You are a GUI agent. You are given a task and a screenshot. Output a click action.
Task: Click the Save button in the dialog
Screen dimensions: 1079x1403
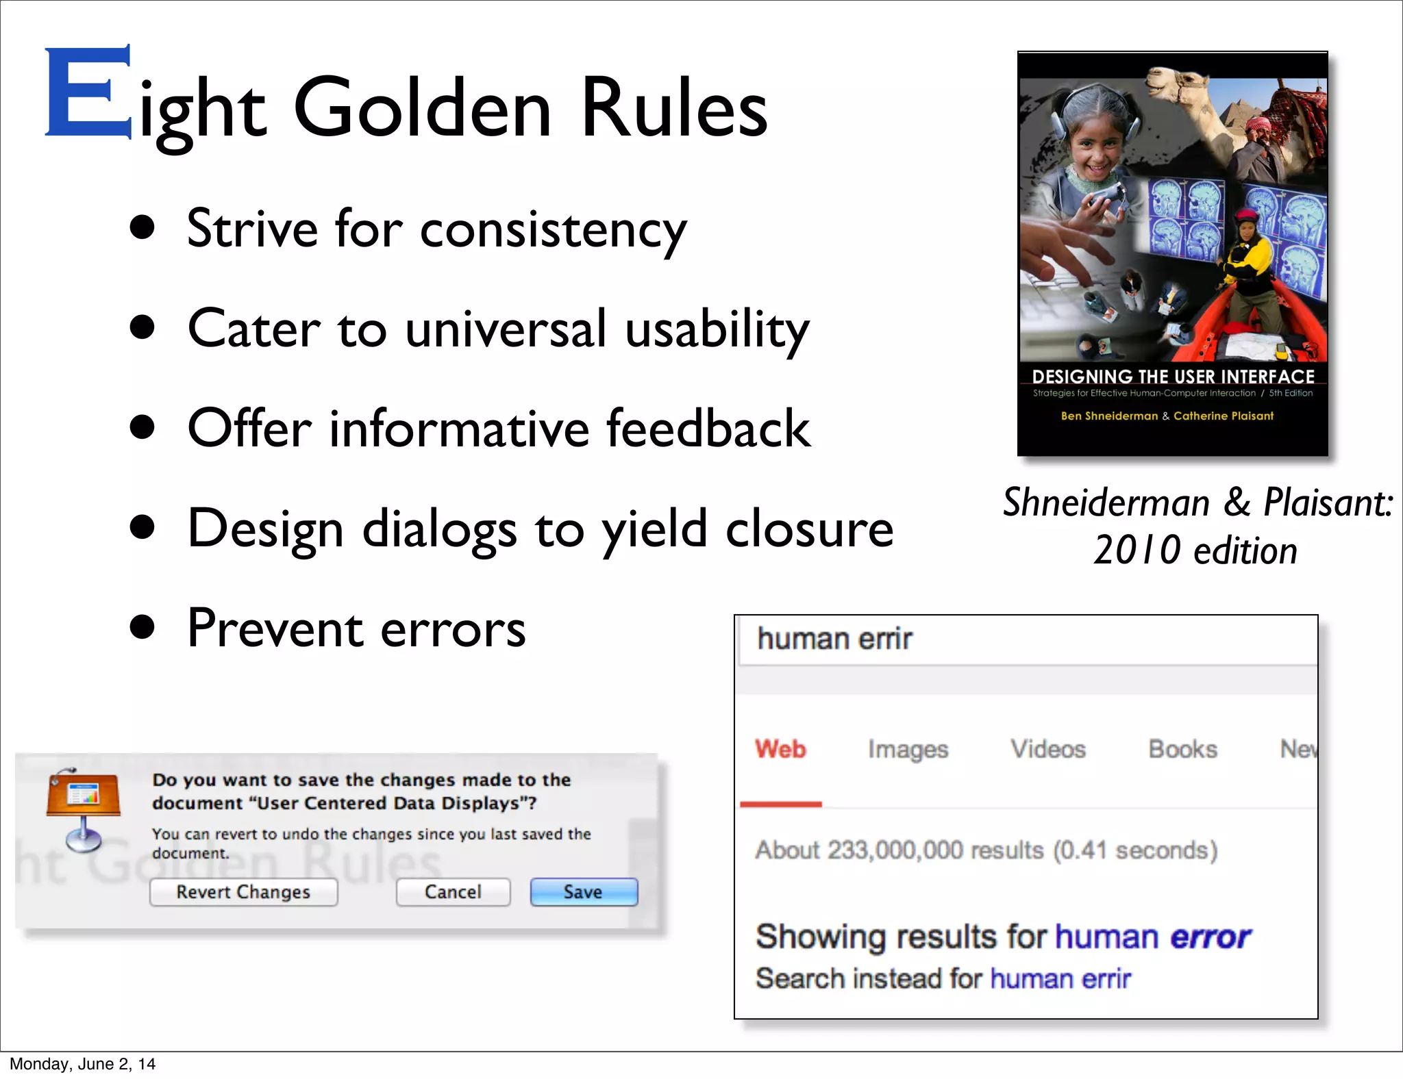coord(584,892)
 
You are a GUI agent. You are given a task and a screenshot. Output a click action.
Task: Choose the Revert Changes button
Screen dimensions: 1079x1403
coord(243,892)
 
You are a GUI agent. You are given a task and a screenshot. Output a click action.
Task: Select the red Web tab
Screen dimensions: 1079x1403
coord(780,749)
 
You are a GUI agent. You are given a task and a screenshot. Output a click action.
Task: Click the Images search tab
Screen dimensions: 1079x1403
coord(908,749)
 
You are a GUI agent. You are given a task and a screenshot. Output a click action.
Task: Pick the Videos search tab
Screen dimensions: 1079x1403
coord(1048,749)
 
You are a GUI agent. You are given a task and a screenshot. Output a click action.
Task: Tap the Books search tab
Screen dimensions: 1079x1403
coord(1183,749)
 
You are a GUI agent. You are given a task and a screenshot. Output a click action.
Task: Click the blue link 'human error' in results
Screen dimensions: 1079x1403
coord(1153,937)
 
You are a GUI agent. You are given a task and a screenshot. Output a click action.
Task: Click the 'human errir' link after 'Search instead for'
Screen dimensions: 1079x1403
coord(1060,979)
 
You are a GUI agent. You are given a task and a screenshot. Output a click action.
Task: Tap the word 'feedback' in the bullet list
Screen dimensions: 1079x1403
coord(708,429)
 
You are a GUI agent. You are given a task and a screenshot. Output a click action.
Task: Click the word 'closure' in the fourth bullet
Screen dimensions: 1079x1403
coord(809,529)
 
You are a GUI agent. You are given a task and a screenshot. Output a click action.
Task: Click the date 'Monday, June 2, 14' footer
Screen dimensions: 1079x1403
coord(82,1064)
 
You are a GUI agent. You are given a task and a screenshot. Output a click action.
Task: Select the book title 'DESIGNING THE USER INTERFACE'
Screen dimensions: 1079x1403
coord(1173,377)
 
